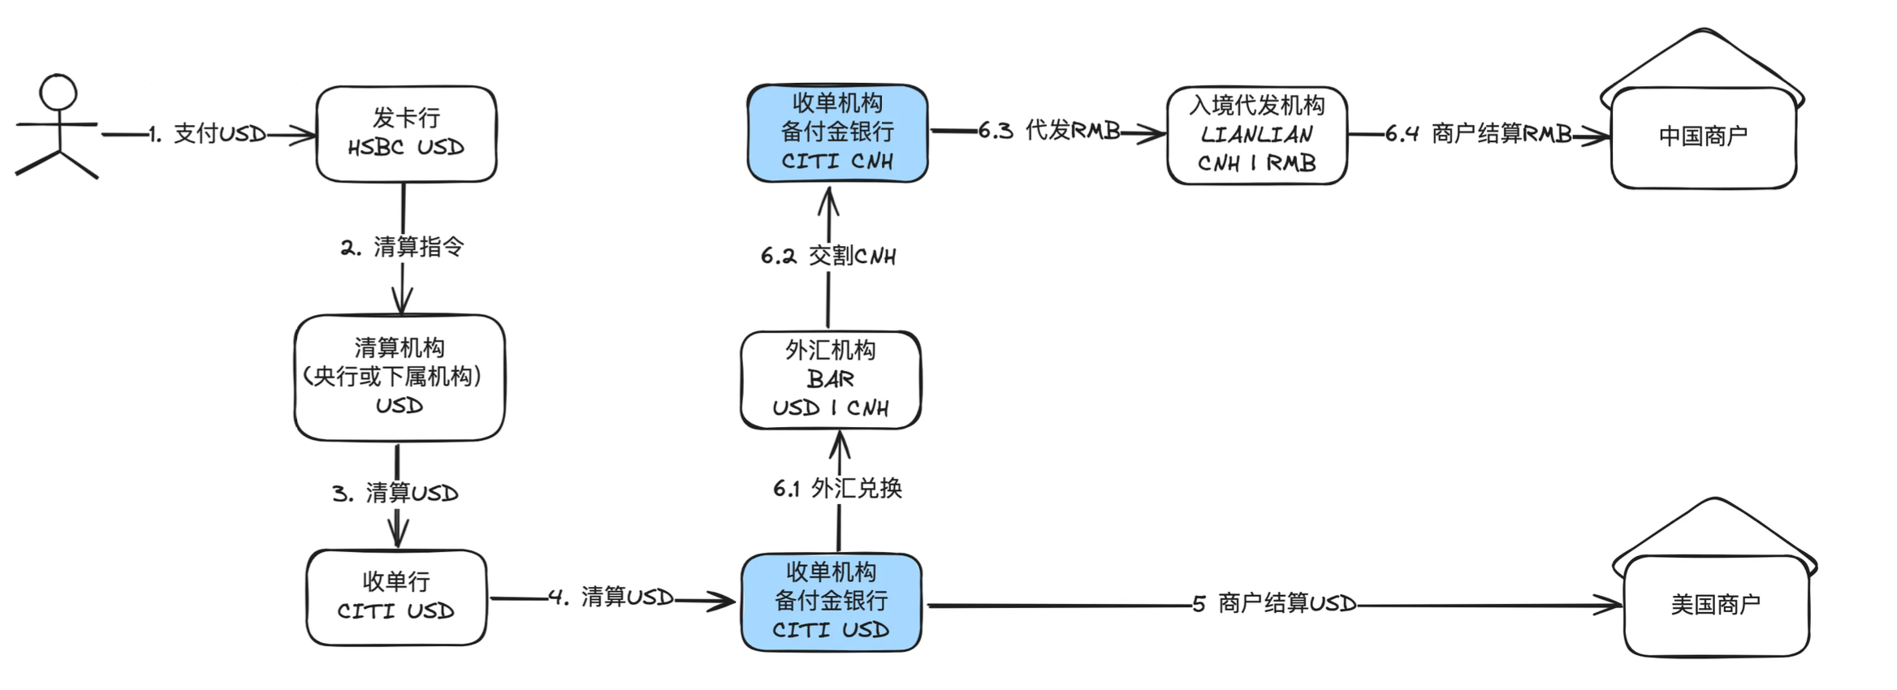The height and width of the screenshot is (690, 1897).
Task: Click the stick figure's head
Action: pyautogui.click(x=58, y=93)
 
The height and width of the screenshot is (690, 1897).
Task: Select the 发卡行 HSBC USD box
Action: pyautogui.click(x=406, y=134)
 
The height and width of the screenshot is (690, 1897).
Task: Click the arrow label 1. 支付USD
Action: pyautogui.click(x=209, y=134)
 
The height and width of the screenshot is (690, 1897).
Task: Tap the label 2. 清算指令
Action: pyautogui.click(x=403, y=247)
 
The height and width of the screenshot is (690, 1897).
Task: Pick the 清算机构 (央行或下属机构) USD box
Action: pyautogui.click(x=399, y=377)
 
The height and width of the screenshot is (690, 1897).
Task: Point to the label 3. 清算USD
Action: pyautogui.click(x=395, y=493)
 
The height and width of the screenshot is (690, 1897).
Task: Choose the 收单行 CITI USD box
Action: pyautogui.click(x=396, y=597)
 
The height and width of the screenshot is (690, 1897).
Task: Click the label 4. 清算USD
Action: pyautogui.click(x=611, y=597)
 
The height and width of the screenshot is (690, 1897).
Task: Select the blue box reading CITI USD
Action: pyautogui.click(x=831, y=602)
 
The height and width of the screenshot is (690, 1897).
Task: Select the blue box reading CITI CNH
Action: pyautogui.click(x=837, y=133)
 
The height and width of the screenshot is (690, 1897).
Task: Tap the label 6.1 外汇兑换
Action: pyautogui.click(x=837, y=488)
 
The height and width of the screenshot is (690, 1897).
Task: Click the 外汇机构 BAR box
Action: pyautogui.click(x=830, y=379)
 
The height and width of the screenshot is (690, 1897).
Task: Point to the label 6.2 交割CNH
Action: pyautogui.click(x=828, y=256)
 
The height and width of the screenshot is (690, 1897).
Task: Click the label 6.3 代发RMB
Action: pyautogui.click(x=1048, y=130)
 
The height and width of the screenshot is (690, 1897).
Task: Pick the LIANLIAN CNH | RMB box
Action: pyautogui.click(x=1256, y=136)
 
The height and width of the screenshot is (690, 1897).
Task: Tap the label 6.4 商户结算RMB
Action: pyautogui.click(x=1478, y=134)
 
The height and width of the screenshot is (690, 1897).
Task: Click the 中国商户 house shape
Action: pyautogui.click(x=1703, y=136)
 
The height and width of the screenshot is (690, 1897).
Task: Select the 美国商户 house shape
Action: pyautogui.click(x=1715, y=604)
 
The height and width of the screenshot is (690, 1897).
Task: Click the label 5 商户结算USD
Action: pyautogui.click(x=1274, y=603)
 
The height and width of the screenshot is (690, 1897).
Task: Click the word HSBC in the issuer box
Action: pyautogui.click(x=375, y=148)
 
